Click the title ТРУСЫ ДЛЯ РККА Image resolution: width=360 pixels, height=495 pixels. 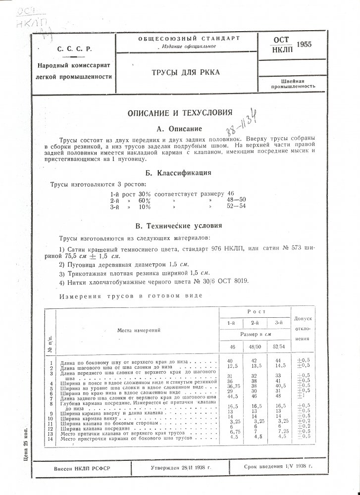(186, 73)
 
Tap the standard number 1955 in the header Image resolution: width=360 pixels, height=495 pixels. (304, 45)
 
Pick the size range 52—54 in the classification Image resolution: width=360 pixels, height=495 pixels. (236, 207)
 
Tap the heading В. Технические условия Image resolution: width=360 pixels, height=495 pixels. (180, 226)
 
